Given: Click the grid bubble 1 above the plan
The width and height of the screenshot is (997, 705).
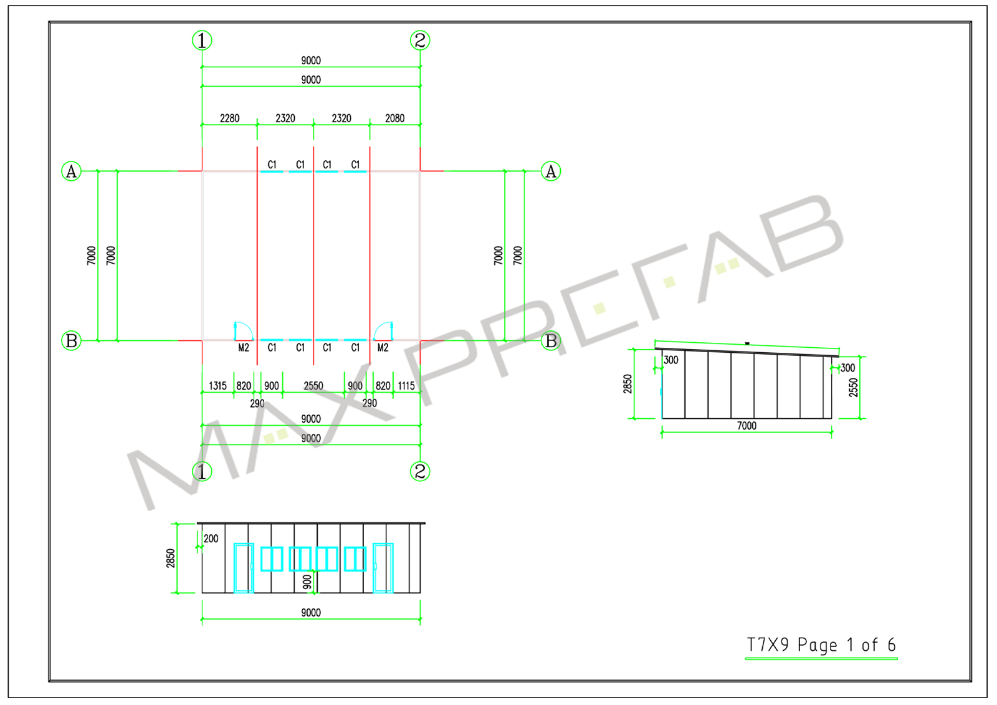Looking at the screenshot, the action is (x=202, y=41).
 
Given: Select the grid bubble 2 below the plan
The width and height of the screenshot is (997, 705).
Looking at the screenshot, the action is (x=420, y=472).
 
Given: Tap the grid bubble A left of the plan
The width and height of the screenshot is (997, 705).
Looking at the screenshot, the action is (x=71, y=171).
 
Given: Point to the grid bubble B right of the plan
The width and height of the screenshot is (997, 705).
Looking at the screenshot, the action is (x=551, y=341).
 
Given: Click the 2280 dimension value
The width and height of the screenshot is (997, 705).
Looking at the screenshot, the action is (x=230, y=118).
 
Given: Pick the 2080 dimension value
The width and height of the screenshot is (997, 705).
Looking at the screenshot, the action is (x=395, y=118).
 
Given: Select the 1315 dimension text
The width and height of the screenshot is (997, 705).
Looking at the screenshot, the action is (x=217, y=386).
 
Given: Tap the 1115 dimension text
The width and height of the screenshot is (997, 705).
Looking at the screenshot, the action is (x=406, y=386).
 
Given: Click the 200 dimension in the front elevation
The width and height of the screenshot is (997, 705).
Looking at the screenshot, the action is (x=211, y=539).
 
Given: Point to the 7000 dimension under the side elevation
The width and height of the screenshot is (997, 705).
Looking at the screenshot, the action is (x=747, y=426).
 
